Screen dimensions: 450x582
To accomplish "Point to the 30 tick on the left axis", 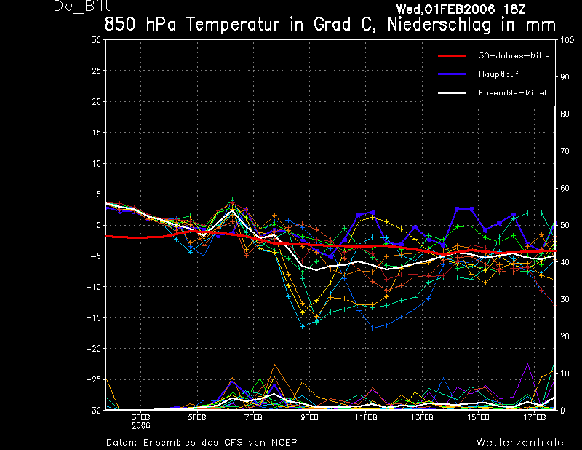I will (x=97, y=40).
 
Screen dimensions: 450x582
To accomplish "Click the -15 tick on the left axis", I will (x=95, y=318).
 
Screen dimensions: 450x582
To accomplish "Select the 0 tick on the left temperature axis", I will (x=99, y=226).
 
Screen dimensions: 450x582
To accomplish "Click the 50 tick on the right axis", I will (x=564, y=226).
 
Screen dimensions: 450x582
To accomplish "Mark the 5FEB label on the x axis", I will (x=197, y=418).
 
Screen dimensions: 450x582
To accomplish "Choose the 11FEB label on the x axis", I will (x=366, y=418).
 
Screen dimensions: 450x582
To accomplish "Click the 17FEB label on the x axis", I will (x=535, y=418).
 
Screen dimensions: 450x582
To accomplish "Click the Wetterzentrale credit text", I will (x=519, y=442).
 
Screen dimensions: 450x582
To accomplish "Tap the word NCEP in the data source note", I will (x=283, y=442).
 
